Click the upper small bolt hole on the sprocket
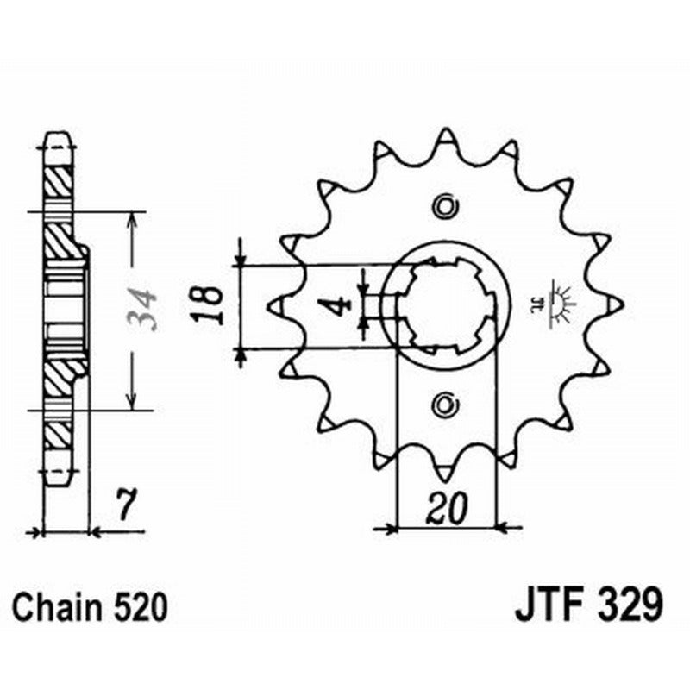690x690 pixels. click(445, 206)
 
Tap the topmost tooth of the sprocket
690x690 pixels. click(445, 136)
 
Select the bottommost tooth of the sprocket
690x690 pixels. click(445, 473)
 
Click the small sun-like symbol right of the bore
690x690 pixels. click(561, 304)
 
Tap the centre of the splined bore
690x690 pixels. click(447, 304)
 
